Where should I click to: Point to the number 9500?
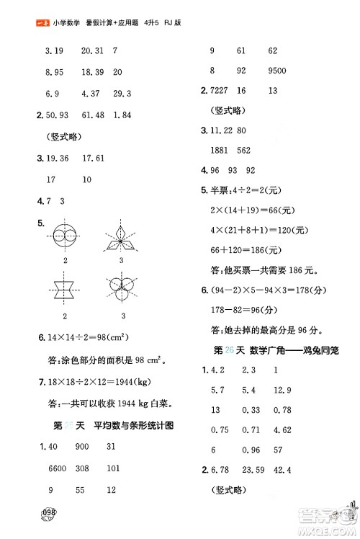279,71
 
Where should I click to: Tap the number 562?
243,151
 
